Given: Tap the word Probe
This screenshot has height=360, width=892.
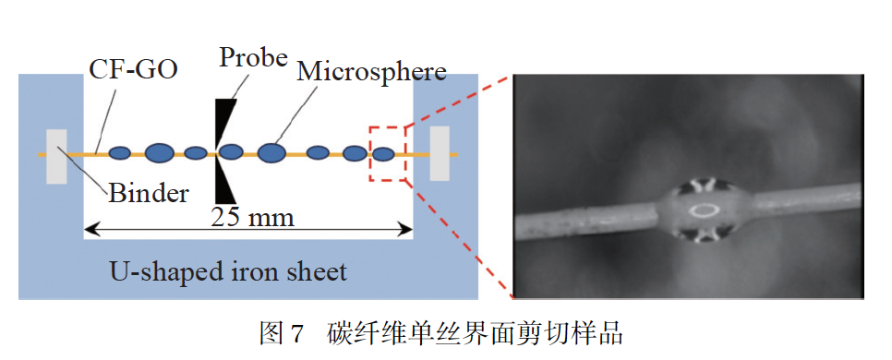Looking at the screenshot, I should click(x=253, y=57).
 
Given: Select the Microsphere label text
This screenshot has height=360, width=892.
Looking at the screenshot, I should click(x=371, y=72).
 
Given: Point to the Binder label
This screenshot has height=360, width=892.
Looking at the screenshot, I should click(x=149, y=193).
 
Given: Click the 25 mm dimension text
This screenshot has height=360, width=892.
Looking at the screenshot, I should click(x=252, y=218).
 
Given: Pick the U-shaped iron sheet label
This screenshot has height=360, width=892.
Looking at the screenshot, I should click(x=228, y=271).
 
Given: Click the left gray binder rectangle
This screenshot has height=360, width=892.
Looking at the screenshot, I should click(x=56, y=156).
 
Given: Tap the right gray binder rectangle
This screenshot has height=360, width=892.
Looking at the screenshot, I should click(x=440, y=154).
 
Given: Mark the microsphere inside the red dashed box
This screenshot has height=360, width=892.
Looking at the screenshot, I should click(x=383, y=153).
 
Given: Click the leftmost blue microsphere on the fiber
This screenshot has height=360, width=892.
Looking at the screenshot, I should click(x=120, y=152).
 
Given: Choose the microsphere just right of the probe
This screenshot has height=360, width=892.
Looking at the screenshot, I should click(x=232, y=151).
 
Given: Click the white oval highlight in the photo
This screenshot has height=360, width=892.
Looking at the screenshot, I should click(x=707, y=210).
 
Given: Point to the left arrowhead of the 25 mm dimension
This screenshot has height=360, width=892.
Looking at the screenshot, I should click(x=89, y=227).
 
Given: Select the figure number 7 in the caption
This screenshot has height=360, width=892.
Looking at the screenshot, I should click(x=296, y=334).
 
